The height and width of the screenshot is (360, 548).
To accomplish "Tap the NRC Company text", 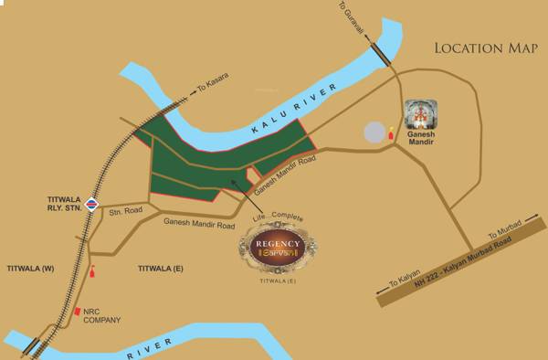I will (102, 315).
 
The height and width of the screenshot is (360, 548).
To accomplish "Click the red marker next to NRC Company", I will (79, 311).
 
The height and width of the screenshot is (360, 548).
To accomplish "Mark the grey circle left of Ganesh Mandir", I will (374, 132).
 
